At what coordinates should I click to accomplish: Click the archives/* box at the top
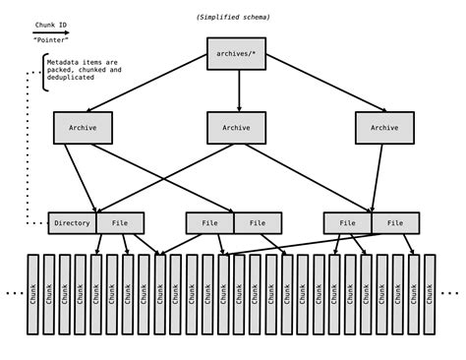236,53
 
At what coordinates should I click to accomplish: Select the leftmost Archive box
83,128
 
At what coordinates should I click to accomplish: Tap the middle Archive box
236,128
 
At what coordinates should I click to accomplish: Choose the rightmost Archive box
384,128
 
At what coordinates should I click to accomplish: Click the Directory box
72,223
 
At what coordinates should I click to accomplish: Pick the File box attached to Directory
120,223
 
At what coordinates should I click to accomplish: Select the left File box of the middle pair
209,223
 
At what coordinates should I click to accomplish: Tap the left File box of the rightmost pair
347,223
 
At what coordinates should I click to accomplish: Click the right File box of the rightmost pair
395,223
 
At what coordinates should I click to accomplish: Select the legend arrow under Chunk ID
50,32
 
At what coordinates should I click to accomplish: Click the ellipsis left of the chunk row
14,292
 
